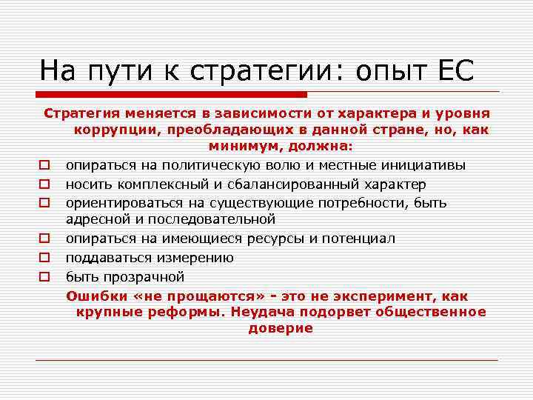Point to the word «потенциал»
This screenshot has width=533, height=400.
point(358,239)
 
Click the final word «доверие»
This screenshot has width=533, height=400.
point(281,328)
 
